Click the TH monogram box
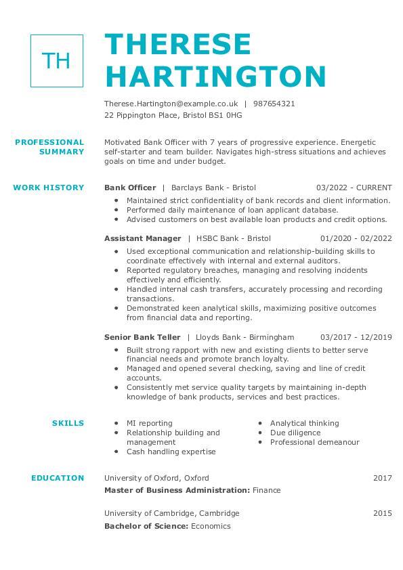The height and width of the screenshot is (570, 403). (x=57, y=61)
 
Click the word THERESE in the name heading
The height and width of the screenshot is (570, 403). (x=178, y=45)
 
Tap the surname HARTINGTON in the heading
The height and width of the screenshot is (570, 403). (x=215, y=76)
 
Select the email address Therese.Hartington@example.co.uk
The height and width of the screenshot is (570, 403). (x=171, y=104)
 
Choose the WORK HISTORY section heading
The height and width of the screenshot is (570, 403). (x=49, y=188)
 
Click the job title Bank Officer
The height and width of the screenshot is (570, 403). (x=130, y=188)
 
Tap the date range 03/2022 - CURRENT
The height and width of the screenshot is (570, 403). (x=354, y=188)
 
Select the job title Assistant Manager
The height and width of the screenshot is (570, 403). (x=143, y=238)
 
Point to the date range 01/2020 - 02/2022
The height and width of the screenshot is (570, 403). (x=356, y=238)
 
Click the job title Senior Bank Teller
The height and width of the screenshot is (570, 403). (x=142, y=337)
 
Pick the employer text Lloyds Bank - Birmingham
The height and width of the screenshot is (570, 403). (x=245, y=337)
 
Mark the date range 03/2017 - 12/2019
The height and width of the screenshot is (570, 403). (x=356, y=337)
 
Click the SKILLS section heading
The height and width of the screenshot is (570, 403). (x=68, y=423)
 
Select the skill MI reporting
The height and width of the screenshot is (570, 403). (x=150, y=423)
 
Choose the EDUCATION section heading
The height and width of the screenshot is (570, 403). (x=58, y=478)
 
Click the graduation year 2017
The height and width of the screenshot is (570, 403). (x=382, y=478)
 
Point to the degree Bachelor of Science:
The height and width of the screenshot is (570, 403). (x=146, y=526)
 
